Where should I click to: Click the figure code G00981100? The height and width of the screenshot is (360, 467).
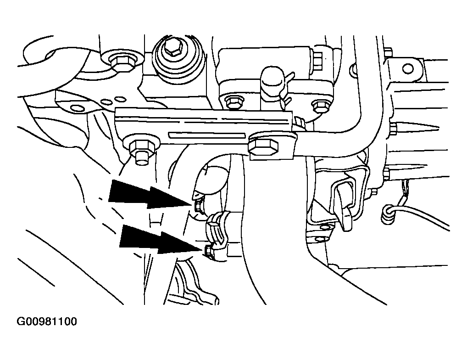46,321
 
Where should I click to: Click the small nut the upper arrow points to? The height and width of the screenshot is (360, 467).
198,205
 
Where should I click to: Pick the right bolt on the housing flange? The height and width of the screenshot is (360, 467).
320,106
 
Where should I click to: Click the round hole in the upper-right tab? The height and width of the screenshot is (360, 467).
408,69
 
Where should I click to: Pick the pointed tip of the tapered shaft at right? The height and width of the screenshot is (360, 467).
439,129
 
